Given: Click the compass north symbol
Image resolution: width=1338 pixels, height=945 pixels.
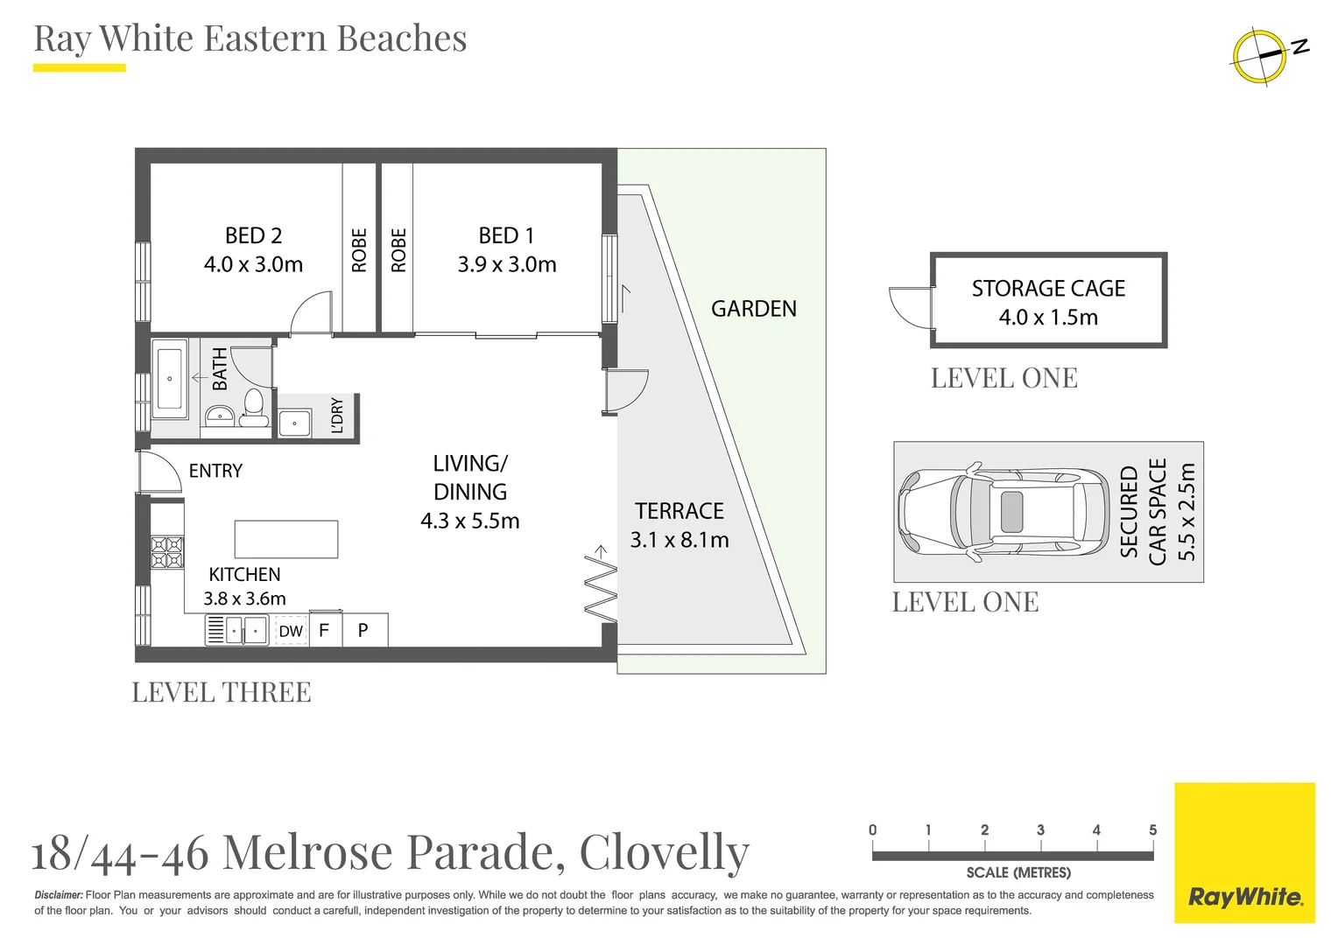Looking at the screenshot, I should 1261,56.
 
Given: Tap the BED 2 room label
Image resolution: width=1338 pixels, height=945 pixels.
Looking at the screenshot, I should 253,236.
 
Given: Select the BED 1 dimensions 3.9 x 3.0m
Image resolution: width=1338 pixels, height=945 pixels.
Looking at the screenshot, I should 506,264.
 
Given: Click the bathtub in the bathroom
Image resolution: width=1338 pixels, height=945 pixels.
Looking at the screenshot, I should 170,379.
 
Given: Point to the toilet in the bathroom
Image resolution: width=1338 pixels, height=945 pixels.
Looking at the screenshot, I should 254,408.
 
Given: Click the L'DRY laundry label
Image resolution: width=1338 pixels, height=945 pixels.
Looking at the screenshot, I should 337,415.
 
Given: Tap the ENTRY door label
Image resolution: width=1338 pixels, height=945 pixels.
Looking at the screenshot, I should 215,471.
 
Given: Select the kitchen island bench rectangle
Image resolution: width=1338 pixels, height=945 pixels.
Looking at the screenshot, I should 285,539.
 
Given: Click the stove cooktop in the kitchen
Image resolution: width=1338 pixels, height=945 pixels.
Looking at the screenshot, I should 167,552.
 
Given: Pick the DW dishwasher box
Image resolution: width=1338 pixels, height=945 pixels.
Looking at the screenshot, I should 291,631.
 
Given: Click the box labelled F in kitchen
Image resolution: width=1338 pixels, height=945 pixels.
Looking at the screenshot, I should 324,630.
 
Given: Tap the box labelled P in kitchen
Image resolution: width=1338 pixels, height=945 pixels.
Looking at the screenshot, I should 363,630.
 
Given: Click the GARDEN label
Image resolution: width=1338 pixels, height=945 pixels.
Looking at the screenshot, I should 753,309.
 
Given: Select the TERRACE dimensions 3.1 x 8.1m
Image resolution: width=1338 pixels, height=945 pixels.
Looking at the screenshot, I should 680,540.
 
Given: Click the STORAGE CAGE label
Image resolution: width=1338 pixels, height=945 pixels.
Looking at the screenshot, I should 1048,289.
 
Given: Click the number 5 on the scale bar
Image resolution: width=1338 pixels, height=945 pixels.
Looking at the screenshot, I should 1152,829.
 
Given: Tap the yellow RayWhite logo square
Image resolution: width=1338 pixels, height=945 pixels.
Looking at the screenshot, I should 1244,852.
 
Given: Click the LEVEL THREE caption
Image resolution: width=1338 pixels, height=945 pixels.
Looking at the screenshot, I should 222,692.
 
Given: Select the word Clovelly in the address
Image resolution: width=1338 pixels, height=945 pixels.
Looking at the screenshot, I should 664,851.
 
